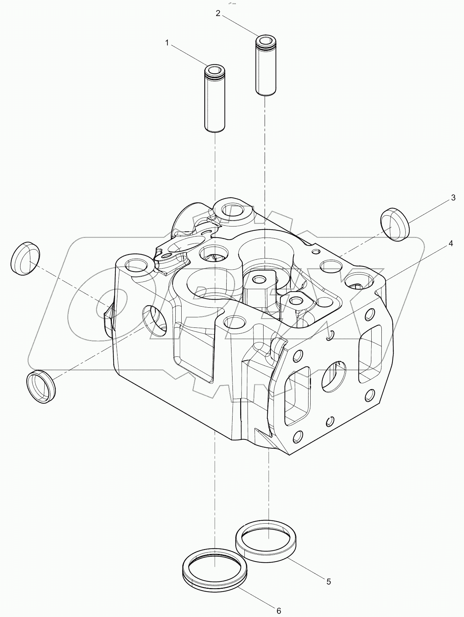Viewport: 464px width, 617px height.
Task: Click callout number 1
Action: point(167,43)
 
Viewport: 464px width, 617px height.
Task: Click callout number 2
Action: point(218,14)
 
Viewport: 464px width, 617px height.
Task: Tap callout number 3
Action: point(453,198)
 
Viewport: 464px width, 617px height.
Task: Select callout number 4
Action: point(451,244)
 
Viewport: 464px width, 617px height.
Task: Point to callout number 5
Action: point(328,581)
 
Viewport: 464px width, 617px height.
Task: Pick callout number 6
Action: point(279,610)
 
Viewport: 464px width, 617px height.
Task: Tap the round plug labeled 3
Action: point(395,224)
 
